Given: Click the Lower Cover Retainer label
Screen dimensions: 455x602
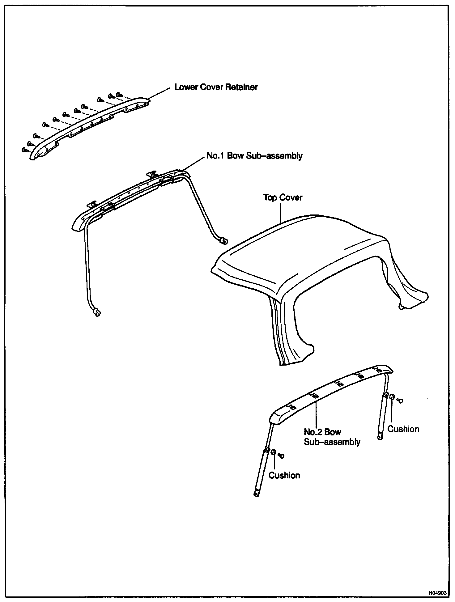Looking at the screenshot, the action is coord(216,87).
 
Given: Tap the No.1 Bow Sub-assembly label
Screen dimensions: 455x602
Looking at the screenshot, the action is coord(254,155).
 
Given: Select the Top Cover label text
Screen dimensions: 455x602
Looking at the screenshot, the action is coord(283,197).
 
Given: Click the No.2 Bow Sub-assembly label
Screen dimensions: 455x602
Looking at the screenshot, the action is coord(332,437).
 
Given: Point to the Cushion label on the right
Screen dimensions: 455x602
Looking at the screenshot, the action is coord(403,429).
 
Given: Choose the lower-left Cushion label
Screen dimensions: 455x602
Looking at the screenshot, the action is coord(284,475).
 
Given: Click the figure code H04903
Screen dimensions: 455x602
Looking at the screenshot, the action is coord(437,593).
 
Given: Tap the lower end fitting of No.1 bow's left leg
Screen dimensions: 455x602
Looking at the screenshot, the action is coord(97,313).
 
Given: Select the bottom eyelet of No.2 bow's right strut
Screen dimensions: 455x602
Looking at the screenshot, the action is coord(380,437).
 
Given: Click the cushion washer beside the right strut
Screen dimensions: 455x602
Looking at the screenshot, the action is coord(392,397).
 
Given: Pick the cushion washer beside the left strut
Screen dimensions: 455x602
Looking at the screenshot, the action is coord(274,452).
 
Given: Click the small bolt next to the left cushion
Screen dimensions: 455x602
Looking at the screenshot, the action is coord(281,456).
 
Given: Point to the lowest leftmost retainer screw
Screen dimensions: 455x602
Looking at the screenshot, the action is coord(25,150).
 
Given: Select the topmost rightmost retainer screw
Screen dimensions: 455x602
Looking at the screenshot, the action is coord(119,94).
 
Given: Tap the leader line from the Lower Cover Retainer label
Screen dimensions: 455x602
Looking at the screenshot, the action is coord(159,94).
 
